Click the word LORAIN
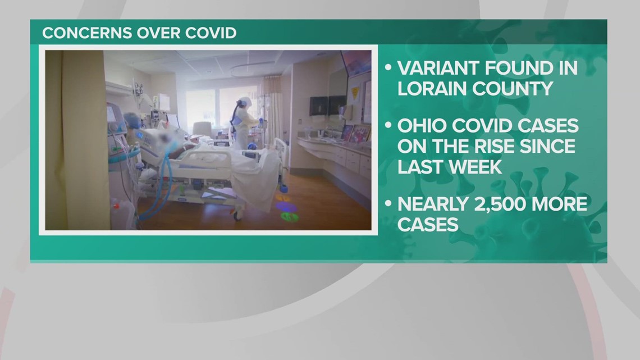tap(432, 88)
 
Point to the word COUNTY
tap(513, 88)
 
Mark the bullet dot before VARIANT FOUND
tap(388, 69)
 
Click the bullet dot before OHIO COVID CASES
tap(388, 126)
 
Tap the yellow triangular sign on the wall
tap(354, 91)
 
